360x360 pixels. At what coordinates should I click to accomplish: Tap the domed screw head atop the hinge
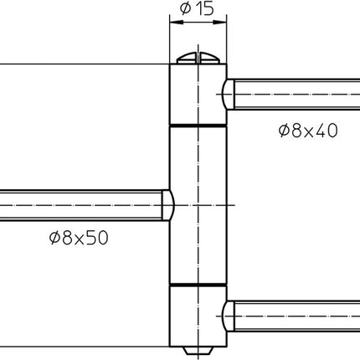(198, 59)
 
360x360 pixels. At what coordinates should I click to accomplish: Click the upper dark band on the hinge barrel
(198, 126)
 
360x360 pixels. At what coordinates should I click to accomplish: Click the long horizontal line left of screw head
(84, 64)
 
